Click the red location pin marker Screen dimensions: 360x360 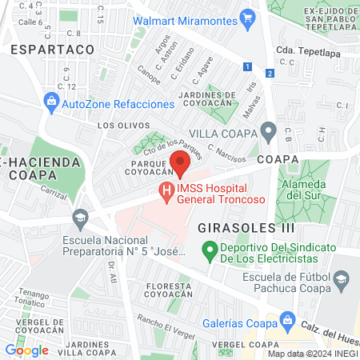(179, 163)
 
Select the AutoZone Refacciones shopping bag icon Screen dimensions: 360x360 (51, 102)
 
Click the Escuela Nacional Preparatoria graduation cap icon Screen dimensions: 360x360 (80, 217)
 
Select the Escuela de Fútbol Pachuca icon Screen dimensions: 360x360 (342, 280)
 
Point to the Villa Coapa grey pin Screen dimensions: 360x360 (269, 130)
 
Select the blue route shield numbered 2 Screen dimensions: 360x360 (270, 74)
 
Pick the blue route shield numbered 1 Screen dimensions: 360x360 (248, 66)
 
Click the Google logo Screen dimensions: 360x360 (26, 350)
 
